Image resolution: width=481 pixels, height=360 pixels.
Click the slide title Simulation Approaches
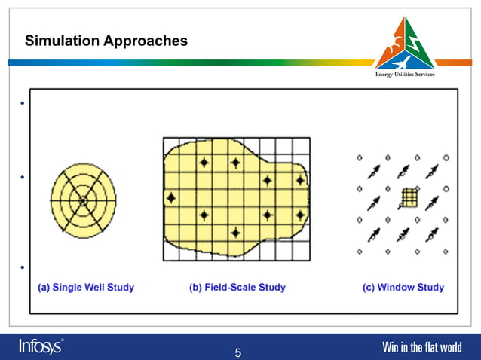click(x=106, y=41)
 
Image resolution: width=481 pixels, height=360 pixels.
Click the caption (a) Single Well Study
click(x=86, y=288)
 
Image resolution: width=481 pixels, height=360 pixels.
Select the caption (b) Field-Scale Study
click(x=237, y=288)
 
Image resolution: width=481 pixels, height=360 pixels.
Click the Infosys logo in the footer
click(x=41, y=346)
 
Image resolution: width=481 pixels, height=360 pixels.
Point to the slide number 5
click(x=238, y=352)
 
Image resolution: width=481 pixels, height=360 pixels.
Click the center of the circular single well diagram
click(x=83, y=201)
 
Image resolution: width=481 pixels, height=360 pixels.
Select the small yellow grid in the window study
click(x=408, y=197)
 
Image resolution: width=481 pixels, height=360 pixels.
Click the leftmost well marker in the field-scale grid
click(x=170, y=198)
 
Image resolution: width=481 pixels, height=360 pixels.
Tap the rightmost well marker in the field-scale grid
click(x=300, y=181)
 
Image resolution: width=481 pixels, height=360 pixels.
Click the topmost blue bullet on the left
click(x=23, y=103)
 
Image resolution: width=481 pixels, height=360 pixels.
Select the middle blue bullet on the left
click(x=23, y=178)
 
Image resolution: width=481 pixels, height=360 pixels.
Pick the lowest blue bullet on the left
click(x=23, y=267)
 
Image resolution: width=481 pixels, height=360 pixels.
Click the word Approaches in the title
click(x=146, y=41)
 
